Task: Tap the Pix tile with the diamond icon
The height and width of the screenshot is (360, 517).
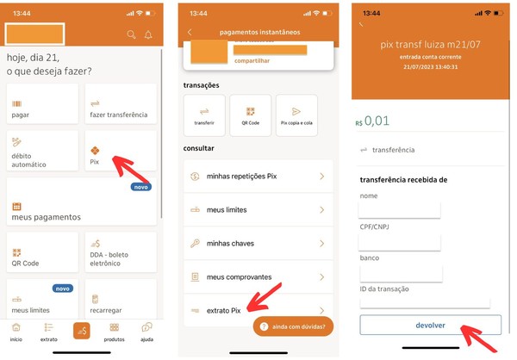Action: (x=121, y=151)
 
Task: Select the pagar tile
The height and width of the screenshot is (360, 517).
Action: (x=42, y=103)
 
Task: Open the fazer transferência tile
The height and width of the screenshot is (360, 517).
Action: (x=121, y=103)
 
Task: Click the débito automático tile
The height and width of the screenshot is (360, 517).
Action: (x=42, y=151)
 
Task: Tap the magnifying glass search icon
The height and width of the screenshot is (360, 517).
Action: (x=131, y=34)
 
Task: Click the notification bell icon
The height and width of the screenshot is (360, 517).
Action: (x=148, y=34)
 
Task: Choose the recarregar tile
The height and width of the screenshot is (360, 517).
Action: (x=121, y=299)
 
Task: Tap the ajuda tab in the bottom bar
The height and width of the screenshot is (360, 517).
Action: (x=146, y=332)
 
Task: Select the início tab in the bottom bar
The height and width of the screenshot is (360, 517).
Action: (x=16, y=332)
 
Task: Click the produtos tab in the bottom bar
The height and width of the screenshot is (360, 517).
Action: (x=114, y=332)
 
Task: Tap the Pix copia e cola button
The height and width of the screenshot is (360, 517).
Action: (x=296, y=115)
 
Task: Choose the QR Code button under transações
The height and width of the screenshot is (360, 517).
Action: (x=251, y=115)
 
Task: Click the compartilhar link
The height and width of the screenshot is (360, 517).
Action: (x=252, y=60)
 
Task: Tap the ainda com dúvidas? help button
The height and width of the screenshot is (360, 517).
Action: (x=293, y=326)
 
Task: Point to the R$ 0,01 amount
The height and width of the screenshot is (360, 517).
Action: (x=372, y=121)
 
